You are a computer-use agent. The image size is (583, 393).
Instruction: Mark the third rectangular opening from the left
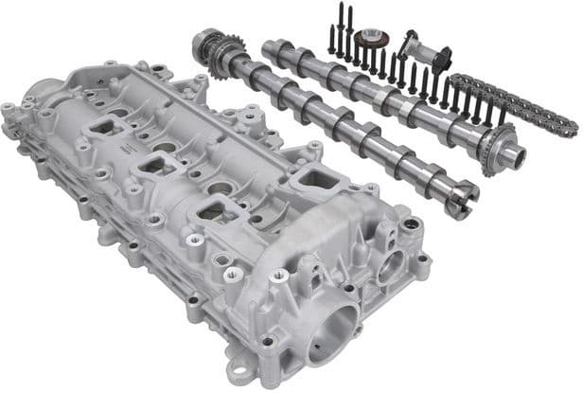click(x=209, y=211)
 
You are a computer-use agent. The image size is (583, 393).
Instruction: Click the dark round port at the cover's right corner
click(x=412, y=224)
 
